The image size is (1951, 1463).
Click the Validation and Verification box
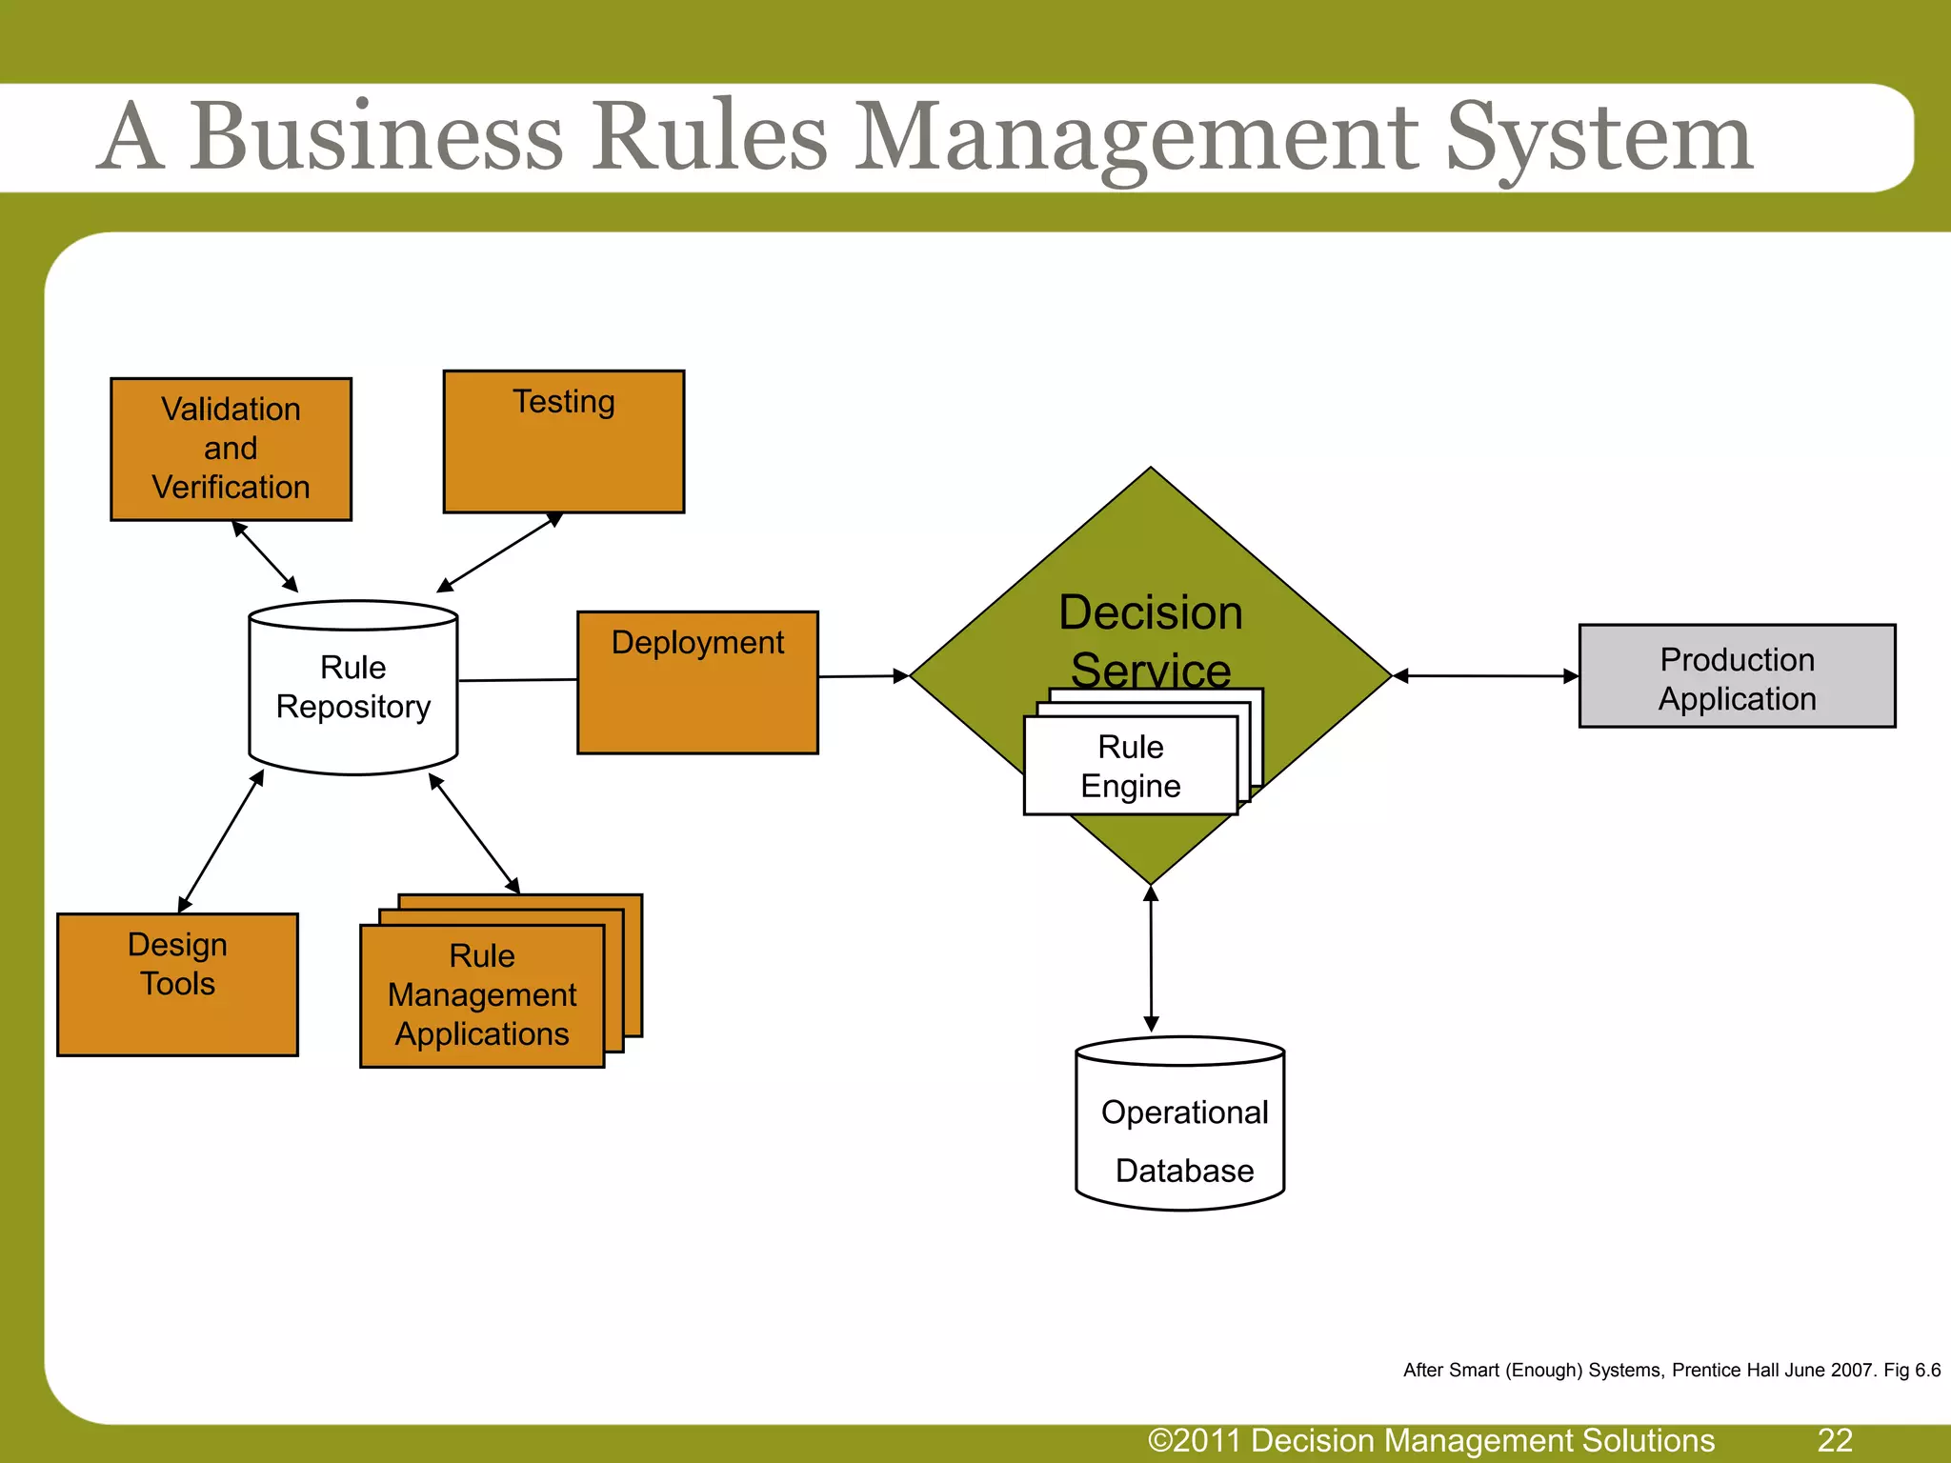click(x=231, y=449)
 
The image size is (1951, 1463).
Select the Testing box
click(x=563, y=442)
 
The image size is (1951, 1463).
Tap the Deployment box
click(x=697, y=682)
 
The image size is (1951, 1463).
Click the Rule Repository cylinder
click(x=353, y=688)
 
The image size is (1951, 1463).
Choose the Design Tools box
click(x=177, y=984)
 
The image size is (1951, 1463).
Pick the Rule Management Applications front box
click(x=482, y=995)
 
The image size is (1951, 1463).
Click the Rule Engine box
click(x=1130, y=766)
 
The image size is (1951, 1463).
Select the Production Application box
click(x=1737, y=676)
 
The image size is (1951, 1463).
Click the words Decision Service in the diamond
click(x=1151, y=640)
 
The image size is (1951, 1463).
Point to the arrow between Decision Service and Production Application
click(x=1486, y=676)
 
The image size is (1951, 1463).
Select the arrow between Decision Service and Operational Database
click(x=1151, y=958)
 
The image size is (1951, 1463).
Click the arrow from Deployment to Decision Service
click(x=863, y=676)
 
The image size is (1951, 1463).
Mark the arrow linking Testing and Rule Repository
click(x=499, y=552)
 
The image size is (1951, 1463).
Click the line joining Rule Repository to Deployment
click(x=517, y=680)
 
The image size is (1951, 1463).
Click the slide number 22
click(x=1835, y=1440)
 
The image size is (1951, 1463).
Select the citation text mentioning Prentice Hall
click(x=1671, y=1370)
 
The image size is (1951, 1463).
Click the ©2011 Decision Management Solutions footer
click(x=1431, y=1440)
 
